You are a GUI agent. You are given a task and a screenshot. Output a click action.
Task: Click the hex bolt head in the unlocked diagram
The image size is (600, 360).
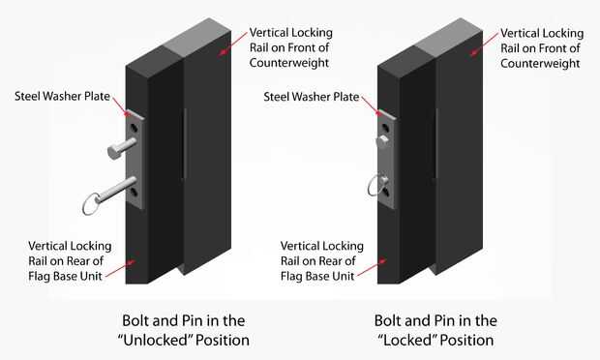113,152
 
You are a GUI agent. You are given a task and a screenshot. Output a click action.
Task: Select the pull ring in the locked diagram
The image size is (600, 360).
371,186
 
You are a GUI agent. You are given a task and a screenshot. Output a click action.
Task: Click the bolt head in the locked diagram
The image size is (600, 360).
382,140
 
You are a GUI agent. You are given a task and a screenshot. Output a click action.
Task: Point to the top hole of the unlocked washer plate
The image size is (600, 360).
134,128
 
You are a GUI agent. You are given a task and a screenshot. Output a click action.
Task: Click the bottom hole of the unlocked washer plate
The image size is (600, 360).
134,193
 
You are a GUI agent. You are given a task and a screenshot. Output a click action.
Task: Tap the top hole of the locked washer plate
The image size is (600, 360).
386,128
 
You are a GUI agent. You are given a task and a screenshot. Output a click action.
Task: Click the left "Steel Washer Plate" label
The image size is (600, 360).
62,96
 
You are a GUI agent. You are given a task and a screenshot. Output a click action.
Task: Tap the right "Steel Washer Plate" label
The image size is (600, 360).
312,97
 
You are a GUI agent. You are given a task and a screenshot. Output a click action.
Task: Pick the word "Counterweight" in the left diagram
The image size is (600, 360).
289,63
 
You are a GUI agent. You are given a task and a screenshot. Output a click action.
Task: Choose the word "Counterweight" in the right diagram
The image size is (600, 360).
540,63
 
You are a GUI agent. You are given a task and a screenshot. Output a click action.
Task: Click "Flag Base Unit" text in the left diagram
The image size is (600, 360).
65,276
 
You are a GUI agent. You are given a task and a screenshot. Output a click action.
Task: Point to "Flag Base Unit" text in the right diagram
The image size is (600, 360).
317,276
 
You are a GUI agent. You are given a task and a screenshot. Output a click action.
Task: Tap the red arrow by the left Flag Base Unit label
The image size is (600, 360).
120,269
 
